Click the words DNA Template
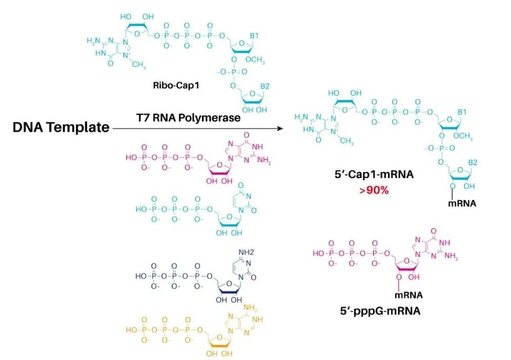pyautogui.click(x=61, y=127)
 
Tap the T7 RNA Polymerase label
pyautogui.click(x=188, y=118)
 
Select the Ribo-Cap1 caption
pyautogui.click(x=176, y=85)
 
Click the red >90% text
pyautogui.click(x=374, y=190)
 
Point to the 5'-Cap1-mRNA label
pyautogui.click(x=374, y=175)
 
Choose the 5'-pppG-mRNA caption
pyautogui.click(x=380, y=311)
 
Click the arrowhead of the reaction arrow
pyautogui.click(x=280, y=128)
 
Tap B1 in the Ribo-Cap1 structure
pyautogui.click(x=254, y=35)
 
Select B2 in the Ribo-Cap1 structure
pyautogui.click(x=265, y=86)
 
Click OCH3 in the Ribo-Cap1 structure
pyautogui.click(x=255, y=60)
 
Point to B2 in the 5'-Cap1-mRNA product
pyautogui.click(x=473, y=162)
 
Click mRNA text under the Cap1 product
pyautogui.click(x=462, y=204)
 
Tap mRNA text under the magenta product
pyautogui.click(x=409, y=295)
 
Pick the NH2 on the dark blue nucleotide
pyautogui.click(x=246, y=252)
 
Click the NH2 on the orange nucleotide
pyautogui.click(x=250, y=308)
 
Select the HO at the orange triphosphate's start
pyautogui.click(x=131, y=330)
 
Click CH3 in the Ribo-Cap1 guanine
pyautogui.click(x=139, y=65)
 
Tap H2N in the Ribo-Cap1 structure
pyautogui.click(x=93, y=41)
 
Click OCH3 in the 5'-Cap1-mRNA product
pyautogui.click(x=463, y=136)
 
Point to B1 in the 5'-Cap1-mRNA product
pyautogui.click(x=462, y=112)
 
